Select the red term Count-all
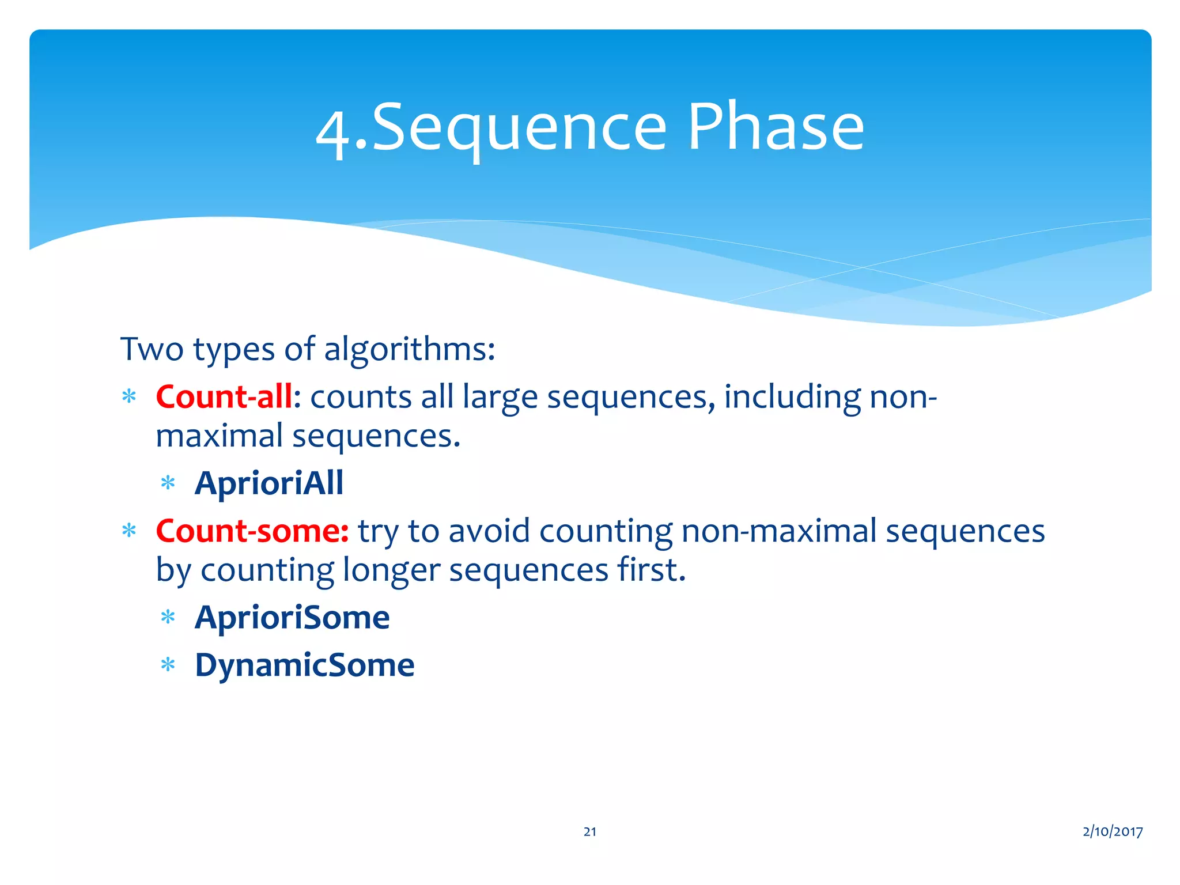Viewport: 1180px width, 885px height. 224,397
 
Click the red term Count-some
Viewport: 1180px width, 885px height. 252,531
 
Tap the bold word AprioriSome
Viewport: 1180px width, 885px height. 292,617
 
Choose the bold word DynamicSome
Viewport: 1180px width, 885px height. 304,665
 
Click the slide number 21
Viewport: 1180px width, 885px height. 589,831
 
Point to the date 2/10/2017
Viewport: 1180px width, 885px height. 1112,831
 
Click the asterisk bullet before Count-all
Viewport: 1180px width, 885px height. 129,397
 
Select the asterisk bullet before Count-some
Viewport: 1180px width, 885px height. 129,531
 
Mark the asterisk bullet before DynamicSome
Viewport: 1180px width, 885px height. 168,666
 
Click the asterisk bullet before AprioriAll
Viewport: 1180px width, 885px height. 168,483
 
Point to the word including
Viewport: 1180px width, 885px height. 792,397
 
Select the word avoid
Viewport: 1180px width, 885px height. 489,531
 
